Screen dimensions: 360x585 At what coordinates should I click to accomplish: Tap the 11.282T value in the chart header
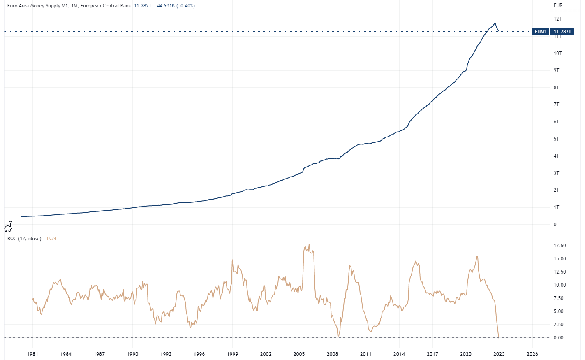(143, 6)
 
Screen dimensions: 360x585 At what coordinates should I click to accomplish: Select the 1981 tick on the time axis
(33, 354)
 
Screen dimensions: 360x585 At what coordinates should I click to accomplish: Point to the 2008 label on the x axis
(332, 354)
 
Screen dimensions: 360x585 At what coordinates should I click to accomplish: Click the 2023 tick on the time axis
(499, 354)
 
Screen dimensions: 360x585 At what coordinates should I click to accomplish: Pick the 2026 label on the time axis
(532, 354)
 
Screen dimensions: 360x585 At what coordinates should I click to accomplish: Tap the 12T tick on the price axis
(557, 19)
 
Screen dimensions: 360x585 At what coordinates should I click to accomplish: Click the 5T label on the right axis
(556, 139)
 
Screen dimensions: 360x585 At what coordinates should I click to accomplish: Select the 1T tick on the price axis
(556, 207)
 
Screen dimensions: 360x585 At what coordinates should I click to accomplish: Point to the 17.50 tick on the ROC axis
(560, 246)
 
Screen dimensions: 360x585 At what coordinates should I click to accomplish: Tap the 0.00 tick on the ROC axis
(558, 338)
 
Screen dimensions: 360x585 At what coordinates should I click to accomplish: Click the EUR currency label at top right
(558, 5)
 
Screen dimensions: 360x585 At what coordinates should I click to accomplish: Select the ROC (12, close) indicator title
(24, 239)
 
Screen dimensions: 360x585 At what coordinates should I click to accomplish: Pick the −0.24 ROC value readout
(50, 239)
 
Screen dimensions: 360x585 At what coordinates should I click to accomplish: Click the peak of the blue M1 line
(495, 24)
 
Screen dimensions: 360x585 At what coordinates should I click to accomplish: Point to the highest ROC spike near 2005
(309, 244)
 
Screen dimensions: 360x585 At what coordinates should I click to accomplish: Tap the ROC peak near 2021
(477, 257)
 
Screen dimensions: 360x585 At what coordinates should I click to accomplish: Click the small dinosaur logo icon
(9, 226)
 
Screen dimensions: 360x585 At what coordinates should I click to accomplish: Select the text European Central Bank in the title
(106, 6)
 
